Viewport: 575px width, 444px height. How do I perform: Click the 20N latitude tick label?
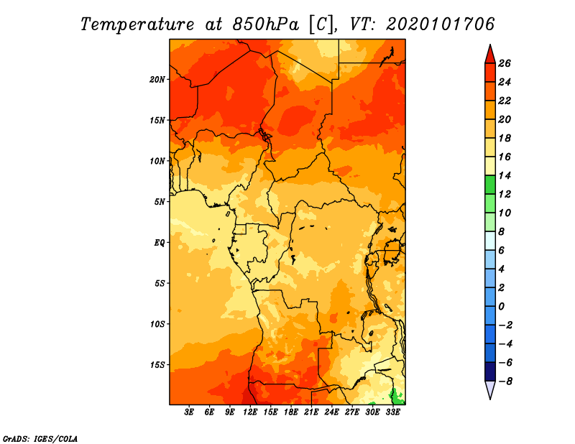[157, 80]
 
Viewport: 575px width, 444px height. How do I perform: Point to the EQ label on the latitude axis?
[159, 243]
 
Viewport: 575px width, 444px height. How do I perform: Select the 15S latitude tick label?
[157, 365]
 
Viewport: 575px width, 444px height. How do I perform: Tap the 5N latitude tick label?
[160, 202]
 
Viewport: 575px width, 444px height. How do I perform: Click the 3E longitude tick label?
[189, 412]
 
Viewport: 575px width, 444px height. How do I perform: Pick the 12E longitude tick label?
[250, 412]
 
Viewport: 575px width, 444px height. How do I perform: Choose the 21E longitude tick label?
[311, 412]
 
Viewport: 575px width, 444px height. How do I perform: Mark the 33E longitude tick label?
[392, 412]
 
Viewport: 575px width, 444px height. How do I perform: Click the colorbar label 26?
[505, 64]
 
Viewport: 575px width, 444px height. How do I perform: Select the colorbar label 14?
[505, 176]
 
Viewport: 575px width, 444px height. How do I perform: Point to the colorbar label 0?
[501, 307]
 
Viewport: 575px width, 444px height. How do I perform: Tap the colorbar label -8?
[505, 381]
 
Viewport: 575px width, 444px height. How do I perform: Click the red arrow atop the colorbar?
[490, 55]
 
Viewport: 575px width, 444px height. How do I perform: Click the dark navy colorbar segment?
[490, 371]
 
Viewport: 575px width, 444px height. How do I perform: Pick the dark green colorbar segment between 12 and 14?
[490, 185]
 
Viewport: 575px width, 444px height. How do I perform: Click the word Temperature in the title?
[137, 24]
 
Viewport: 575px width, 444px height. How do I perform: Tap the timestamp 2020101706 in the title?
[441, 24]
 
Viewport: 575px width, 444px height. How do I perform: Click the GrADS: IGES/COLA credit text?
[40, 439]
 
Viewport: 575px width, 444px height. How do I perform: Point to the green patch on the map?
[397, 397]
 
